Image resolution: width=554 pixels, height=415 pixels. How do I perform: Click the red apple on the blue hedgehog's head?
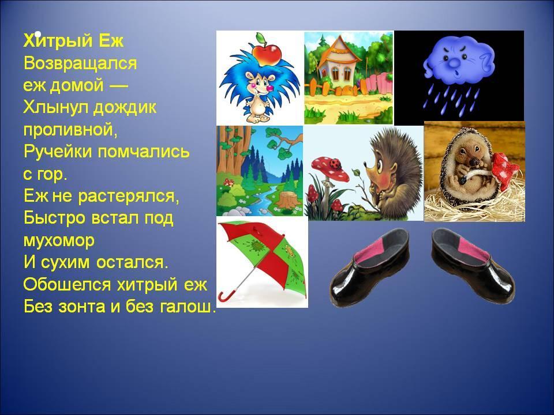coord(267,52)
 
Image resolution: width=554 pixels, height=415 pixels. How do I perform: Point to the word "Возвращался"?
coord(80,63)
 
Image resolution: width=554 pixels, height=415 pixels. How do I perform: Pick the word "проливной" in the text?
coord(70,131)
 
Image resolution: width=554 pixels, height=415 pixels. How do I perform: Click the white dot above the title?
coord(38,34)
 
